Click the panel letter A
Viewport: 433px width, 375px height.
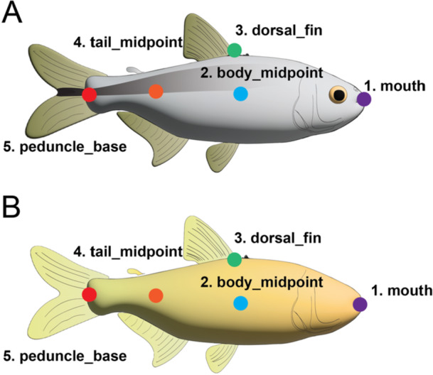(15, 14)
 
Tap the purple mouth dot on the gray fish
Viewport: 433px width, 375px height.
(364, 99)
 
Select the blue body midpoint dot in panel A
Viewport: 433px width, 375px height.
(240, 94)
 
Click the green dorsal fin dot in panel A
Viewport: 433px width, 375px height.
(234, 50)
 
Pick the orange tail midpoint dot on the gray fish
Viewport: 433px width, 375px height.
(156, 91)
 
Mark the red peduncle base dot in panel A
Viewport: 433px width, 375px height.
(89, 94)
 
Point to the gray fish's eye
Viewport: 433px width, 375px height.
(339, 95)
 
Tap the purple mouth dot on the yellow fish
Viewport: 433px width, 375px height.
(360, 304)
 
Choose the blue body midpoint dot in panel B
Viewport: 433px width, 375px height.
(240, 303)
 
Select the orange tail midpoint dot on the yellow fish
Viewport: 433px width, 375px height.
(156, 295)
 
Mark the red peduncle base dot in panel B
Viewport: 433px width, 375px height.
(89, 295)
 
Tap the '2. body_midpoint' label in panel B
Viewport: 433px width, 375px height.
(262, 282)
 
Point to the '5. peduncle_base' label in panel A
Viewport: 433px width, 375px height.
(65, 148)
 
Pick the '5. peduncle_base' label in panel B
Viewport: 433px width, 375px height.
(65, 354)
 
